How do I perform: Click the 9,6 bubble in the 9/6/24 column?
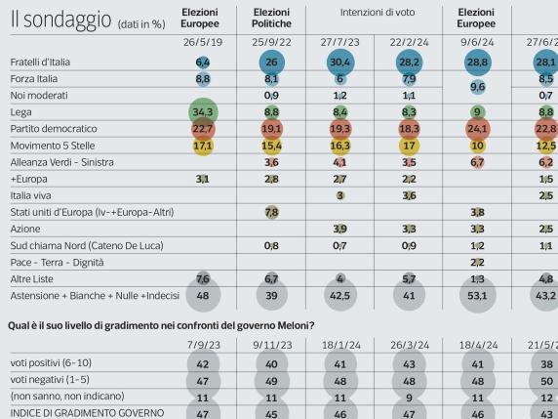(477, 86)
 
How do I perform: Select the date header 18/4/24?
(477, 346)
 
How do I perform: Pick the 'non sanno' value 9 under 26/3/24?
(409, 398)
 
